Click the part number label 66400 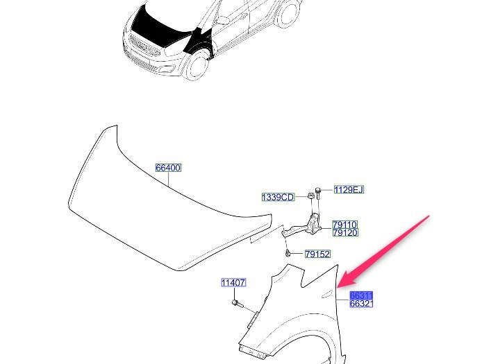[168, 168]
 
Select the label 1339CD [278, 197]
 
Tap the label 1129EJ [349, 190]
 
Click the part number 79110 [345, 225]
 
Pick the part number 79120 [345, 233]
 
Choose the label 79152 [317, 254]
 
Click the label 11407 [233, 282]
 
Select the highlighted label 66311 [361, 295]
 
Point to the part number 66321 [361, 304]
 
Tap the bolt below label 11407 [238, 304]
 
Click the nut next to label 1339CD [310, 196]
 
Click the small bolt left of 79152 [288, 254]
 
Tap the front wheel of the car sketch [196, 65]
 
